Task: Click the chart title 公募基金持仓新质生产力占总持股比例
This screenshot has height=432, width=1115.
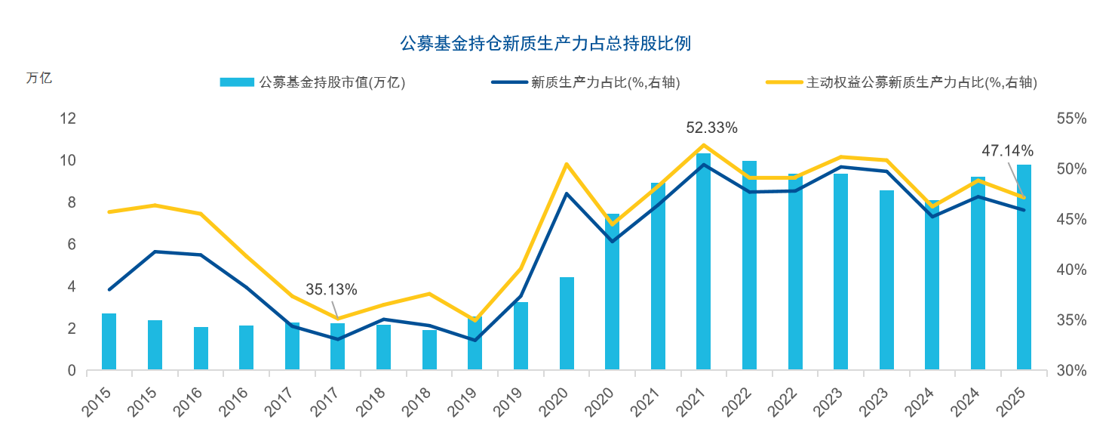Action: coord(545,44)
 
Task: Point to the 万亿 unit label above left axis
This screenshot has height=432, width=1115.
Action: coord(39,78)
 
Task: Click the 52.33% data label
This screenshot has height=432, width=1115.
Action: coord(711,128)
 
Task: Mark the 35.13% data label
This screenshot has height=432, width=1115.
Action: coord(331,289)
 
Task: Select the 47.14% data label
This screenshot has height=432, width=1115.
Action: coord(1007,151)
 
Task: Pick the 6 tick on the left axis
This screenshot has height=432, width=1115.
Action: coord(72,245)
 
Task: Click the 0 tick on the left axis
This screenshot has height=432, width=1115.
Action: coord(72,371)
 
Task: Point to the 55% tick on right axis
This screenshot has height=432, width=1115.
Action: coord(1071,119)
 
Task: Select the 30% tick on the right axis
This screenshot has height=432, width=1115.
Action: coord(1071,371)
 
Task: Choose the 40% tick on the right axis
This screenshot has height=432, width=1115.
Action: coord(1071,270)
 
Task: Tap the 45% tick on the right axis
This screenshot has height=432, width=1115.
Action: coord(1071,220)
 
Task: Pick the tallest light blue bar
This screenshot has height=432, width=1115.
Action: coord(703,261)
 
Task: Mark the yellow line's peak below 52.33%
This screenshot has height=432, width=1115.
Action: coord(703,145)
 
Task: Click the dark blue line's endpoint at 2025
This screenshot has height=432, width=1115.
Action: coord(1024,210)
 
